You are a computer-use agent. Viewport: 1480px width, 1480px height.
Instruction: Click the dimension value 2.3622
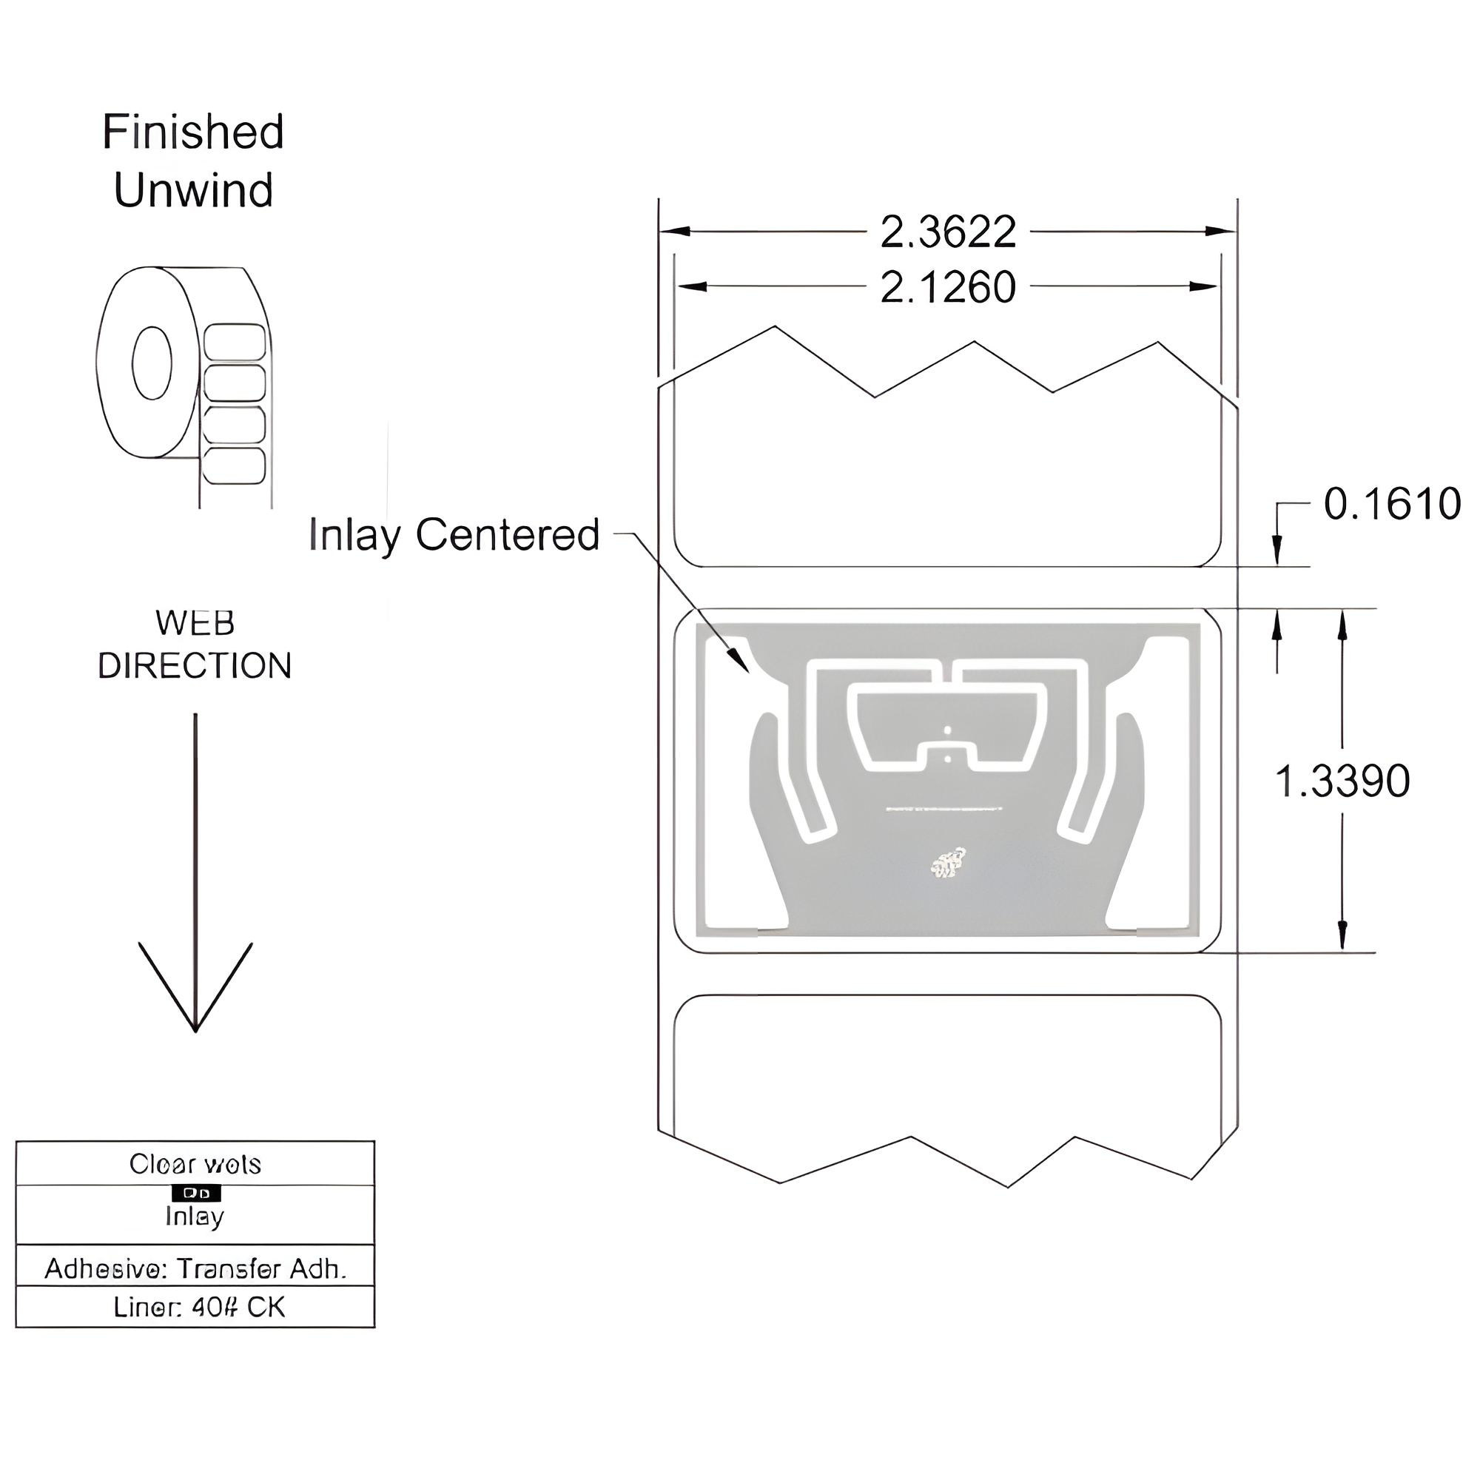948,232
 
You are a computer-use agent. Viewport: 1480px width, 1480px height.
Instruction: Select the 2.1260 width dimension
948,288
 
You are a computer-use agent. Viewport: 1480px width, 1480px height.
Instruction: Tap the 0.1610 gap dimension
1392,504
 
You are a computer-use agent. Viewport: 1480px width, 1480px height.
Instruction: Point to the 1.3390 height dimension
1342,781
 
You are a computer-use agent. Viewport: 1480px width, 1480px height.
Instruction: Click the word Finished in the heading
193,132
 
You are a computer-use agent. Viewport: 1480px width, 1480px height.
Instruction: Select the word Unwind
193,190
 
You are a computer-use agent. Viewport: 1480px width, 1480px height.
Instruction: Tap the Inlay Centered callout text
454,535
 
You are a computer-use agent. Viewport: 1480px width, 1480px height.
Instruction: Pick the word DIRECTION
195,666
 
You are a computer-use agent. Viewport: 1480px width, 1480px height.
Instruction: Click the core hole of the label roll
152,363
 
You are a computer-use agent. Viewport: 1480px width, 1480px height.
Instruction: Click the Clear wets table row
195,1164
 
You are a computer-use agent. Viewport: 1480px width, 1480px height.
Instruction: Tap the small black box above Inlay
196,1194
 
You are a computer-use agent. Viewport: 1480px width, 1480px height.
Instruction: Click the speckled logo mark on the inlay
948,863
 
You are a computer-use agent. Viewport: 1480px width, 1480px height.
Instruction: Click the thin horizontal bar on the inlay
943,809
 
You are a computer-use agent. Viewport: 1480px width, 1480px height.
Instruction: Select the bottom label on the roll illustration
235,465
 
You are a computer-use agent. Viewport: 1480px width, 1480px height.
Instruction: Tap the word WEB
195,623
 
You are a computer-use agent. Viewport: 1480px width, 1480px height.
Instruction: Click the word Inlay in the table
195,1217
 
